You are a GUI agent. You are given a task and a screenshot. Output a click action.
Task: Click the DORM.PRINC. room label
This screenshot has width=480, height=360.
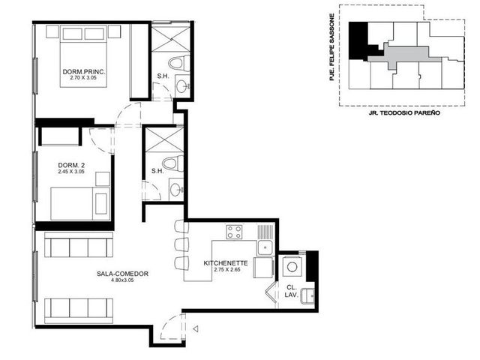[x=84, y=72]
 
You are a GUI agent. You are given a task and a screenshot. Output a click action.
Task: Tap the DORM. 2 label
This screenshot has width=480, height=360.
[x=71, y=165]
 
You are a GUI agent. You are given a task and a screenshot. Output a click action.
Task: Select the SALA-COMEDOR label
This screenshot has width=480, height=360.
[x=122, y=274]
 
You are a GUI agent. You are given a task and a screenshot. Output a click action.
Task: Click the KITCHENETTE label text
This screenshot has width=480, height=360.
[x=226, y=263]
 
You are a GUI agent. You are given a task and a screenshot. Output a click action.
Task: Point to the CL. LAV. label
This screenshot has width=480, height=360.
[x=291, y=291]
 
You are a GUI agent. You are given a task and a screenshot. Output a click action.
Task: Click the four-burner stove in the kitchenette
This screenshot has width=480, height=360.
[x=234, y=232]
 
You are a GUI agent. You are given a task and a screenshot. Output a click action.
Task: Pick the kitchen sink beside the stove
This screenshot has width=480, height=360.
[x=265, y=248]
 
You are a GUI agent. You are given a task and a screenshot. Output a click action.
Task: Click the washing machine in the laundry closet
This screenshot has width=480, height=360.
[x=292, y=267]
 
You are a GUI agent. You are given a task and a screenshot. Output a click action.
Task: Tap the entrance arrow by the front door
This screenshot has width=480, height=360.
[x=196, y=329]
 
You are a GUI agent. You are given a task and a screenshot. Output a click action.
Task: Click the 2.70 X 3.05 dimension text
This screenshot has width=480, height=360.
[x=83, y=78]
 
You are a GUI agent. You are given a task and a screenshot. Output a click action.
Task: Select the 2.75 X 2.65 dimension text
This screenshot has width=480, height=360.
[x=226, y=270]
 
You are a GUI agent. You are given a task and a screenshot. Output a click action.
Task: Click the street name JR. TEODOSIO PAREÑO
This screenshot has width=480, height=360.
[x=404, y=113]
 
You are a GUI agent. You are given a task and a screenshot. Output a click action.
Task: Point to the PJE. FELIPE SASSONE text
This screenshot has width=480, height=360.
[x=331, y=47]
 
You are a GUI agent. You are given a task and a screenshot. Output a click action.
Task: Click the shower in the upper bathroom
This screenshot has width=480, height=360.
[x=171, y=39]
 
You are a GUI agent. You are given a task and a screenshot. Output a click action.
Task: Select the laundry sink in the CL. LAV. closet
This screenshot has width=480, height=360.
[x=307, y=296]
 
